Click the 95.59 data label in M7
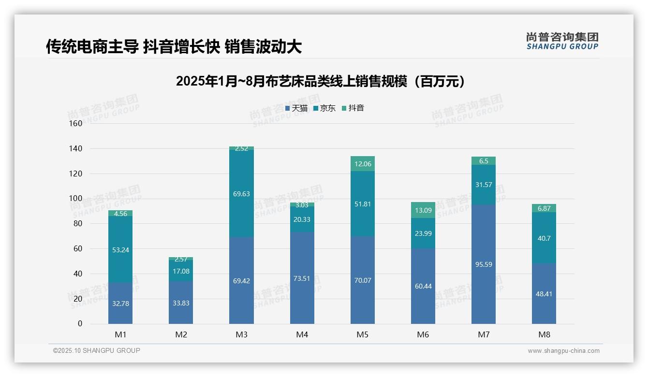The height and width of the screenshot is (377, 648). (x=483, y=264)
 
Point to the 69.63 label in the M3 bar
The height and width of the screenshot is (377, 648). (x=241, y=194)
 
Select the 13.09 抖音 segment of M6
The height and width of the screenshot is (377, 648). (x=423, y=210)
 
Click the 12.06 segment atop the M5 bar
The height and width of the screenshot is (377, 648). (x=362, y=164)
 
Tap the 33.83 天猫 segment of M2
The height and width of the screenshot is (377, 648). (x=181, y=303)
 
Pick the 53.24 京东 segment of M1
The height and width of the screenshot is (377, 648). (x=120, y=249)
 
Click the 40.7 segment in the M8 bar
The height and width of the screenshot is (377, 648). (x=544, y=238)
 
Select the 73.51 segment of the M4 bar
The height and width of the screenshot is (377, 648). (x=302, y=278)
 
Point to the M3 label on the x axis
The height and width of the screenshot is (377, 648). (x=241, y=334)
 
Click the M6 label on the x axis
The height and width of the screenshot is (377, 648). (x=423, y=334)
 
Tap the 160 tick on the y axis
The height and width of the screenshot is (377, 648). (x=76, y=123)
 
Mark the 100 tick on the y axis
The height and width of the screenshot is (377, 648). (x=76, y=199)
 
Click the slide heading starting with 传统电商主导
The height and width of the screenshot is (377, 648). (x=174, y=46)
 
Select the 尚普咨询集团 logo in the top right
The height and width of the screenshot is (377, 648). (x=562, y=41)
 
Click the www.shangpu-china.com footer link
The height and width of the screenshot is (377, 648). (x=563, y=351)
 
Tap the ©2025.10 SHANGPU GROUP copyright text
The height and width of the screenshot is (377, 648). (x=97, y=351)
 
